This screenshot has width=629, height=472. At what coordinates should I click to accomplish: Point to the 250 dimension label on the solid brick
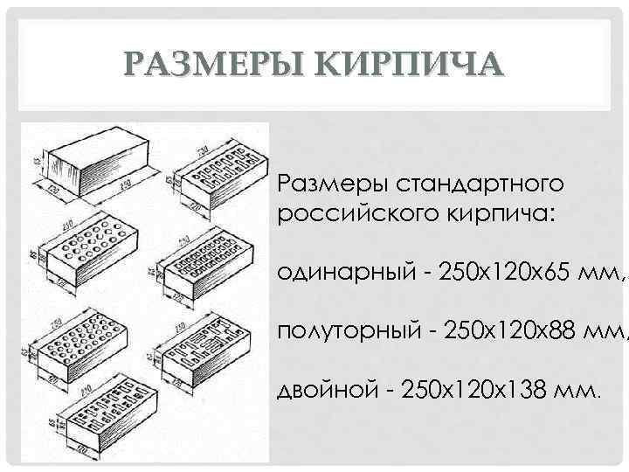click(x=127, y=184)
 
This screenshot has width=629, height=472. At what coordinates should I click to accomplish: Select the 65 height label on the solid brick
click(x=38, y=161)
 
